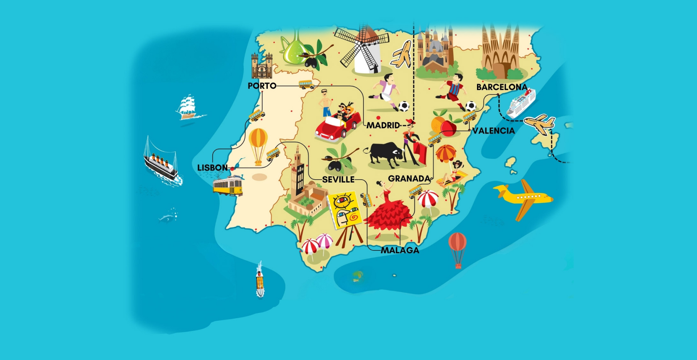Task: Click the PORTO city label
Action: (x=262, y=86)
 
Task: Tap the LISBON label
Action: (x=212, y=168)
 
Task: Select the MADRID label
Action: (x=383, y=126)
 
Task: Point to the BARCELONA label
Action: (x=502, y=87)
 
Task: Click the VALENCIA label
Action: (x=493, y=131)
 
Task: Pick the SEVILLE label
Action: (x=338, y=179)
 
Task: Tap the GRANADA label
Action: (x=409, y=179)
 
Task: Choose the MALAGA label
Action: (x=400, y=250)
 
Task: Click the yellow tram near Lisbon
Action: (x=228, y=186)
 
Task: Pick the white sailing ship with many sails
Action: (x=188, y=107)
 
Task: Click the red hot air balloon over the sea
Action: (x=457, y=249)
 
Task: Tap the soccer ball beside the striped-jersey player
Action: (x=470, y=106)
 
